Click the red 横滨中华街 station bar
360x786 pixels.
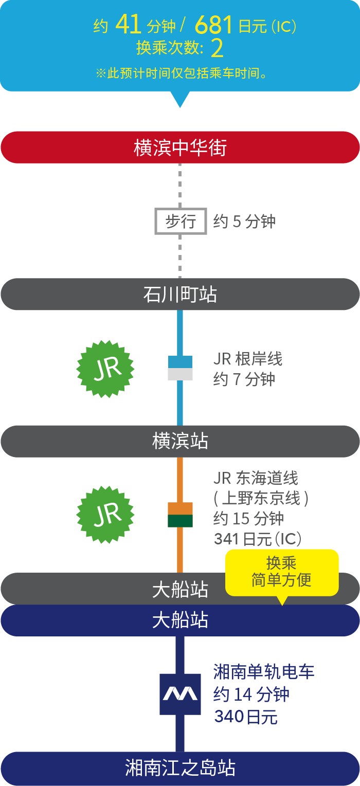click(180, 148)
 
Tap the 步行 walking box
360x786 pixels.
click(181, 222)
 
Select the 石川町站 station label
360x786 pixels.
click(180, 295)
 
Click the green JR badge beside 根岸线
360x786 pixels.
click(105, 368)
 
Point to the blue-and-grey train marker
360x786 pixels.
click(180, 368)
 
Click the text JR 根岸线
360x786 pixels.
click(248, 359)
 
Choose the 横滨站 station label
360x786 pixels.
click(180, 442)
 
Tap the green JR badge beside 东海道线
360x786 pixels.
click(105, 515)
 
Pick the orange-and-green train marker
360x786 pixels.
click(180, 515)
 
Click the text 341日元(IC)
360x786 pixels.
click(258, 539)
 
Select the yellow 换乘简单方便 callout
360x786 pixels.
click(282, 572)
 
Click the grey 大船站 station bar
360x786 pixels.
click(113, 589)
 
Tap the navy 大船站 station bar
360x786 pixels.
click(180, 620)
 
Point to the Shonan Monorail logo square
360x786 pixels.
click(180, 694)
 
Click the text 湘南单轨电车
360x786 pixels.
click(264, 671)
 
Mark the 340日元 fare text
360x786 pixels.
click(246, 717)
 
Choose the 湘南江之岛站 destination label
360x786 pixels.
click(180, 769)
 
